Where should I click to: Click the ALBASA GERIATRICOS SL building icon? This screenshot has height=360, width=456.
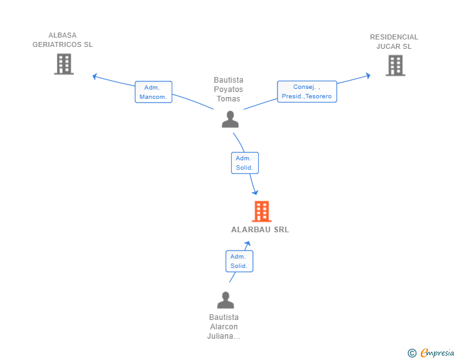point(64,64)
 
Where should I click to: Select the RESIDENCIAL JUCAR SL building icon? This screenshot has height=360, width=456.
point(395,65)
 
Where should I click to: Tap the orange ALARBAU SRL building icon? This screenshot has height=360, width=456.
point(261,212)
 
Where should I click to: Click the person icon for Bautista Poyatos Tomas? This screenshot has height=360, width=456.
point(231,119)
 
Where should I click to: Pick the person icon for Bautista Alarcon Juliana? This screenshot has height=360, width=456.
point(225,300)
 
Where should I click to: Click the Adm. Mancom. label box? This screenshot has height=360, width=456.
point(153,92)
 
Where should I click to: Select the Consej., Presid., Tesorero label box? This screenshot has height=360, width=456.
point(307,91)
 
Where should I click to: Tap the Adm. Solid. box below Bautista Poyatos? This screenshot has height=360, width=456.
point(244,163)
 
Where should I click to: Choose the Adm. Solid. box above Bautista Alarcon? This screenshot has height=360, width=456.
point(239,261)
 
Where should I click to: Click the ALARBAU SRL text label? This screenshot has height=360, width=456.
point(260,230)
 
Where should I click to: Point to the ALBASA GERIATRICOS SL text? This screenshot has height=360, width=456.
point(63,40)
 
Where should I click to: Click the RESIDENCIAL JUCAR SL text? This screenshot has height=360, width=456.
point(394,41)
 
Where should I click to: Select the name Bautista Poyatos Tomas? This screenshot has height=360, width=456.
point(229,90)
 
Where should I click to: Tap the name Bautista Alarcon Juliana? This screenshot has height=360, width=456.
point(224,327)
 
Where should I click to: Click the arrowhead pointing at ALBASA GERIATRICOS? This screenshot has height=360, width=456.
point(95,76)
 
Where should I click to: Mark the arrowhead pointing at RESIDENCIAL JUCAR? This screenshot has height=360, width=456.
point(368,76)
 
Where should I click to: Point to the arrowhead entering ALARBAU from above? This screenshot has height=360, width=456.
point(255,192)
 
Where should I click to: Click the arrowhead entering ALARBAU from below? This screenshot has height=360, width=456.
point(248,243)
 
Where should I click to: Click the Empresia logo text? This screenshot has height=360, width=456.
point(437,353)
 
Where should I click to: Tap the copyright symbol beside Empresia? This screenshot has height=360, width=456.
point(412,354)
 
